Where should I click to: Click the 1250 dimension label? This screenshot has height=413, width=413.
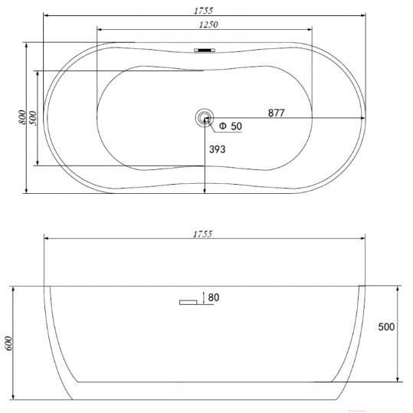click(208, 25)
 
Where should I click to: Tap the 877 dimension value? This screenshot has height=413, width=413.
click(277, 113)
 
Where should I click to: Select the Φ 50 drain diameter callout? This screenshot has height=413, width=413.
click(231, 126)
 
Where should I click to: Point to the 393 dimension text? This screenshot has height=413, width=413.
click(218, 149)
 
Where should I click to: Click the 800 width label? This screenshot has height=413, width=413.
click(23, 117)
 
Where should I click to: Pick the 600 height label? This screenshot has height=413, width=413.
click(8, 343)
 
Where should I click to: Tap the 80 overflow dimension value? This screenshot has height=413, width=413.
click(214, 297)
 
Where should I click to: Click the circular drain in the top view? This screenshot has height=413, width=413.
click(205, 118)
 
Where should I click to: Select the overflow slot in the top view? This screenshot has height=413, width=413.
click(205, 50)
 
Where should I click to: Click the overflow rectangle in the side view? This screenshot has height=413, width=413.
click(188, 303)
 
